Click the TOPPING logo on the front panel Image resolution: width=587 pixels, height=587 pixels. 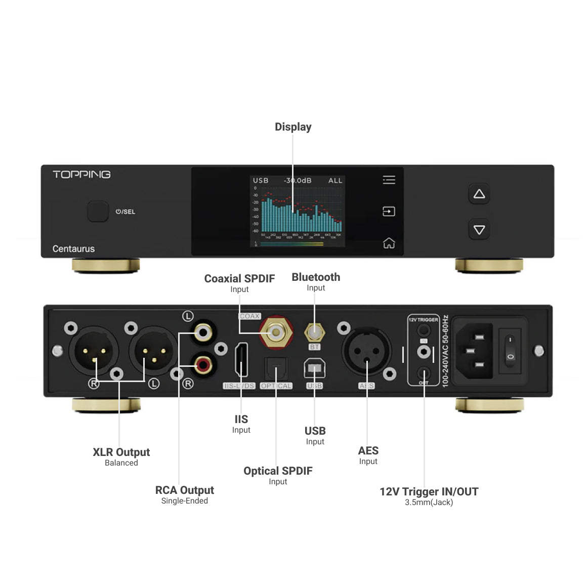[81, 175]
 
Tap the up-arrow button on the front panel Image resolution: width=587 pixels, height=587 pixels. [479, 194]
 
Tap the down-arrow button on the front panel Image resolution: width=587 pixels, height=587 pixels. [479, 230]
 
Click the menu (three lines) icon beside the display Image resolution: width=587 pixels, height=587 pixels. [389, 180]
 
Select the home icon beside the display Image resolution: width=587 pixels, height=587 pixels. [389, 243]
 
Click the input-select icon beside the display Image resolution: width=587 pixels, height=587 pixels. [389, 211]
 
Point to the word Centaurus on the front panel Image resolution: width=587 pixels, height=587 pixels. [73, 249]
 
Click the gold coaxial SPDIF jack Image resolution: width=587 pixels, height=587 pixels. [276, 332]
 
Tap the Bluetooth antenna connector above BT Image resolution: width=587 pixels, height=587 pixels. [314, 332]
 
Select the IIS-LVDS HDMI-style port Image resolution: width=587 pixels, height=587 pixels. [241, 360]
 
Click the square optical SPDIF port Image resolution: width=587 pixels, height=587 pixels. [276, 368]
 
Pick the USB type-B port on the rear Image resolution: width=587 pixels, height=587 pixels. [314, 369]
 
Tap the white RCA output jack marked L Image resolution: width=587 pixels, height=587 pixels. [203, 332]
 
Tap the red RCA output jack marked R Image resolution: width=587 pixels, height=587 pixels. [203, 364]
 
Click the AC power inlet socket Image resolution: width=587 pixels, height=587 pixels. [474, 351]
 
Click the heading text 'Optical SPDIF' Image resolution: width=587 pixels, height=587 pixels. [278, 471]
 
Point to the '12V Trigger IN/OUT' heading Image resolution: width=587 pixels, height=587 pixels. [429, 492]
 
